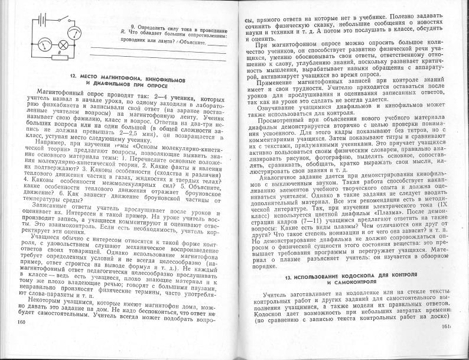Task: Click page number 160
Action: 22,322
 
